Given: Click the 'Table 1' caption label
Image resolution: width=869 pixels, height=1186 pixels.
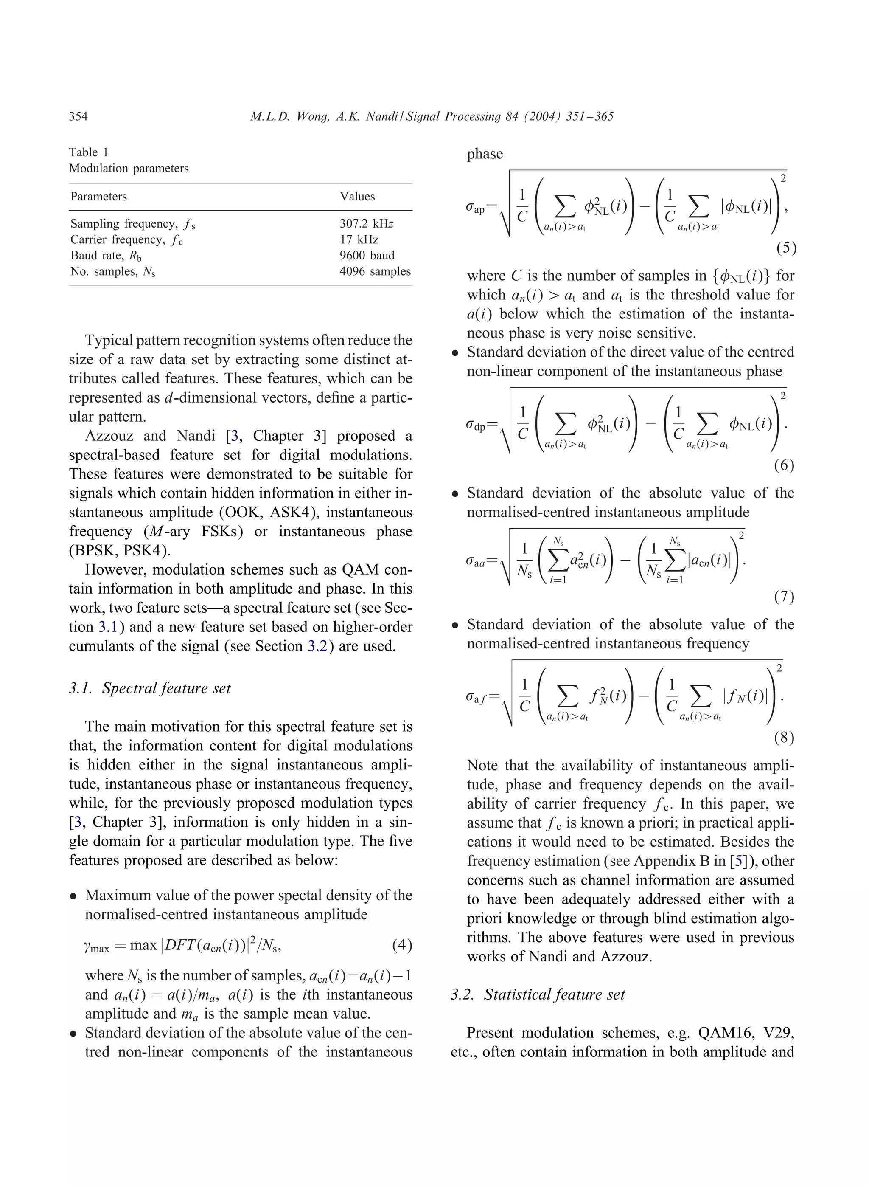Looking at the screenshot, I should [88, 152].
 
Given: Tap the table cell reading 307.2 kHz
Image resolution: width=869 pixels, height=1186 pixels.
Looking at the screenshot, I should [366, 223].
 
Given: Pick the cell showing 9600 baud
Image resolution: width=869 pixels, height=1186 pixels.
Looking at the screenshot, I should [367, 255].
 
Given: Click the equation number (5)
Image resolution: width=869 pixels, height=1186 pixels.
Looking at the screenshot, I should [786, 248].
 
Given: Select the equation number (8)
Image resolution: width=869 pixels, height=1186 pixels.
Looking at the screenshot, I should [783, 738].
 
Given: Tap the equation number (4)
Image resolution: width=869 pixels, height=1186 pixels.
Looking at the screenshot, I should [402, 945].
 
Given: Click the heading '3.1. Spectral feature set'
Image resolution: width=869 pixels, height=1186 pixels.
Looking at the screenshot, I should [150, 688].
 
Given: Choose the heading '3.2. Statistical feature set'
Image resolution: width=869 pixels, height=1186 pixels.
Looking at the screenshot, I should [538, 994].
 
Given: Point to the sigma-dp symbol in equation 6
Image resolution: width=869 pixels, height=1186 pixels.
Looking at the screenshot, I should [476, 425].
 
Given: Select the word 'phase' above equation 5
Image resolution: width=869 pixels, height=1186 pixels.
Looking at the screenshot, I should [485, 154].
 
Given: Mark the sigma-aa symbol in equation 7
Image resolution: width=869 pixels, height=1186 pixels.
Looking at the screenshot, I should [476, 561].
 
